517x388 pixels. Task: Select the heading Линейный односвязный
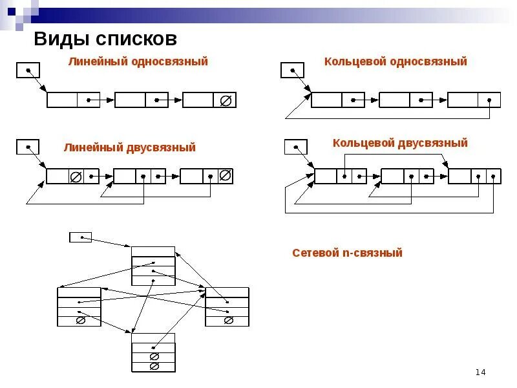[x=138, y=62]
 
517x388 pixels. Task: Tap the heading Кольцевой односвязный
[x=396, y=62]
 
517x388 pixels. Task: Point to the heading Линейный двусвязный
[x=129, y=148]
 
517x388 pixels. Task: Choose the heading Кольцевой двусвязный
[x=400, y=143]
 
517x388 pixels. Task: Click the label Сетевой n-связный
[x=347, y=253]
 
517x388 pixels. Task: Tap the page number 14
[x=480, y=372]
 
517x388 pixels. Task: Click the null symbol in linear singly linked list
[x=225, y=100]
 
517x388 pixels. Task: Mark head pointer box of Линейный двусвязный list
[x=28, y=147]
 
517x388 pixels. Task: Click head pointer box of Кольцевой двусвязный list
[x=296, y=147]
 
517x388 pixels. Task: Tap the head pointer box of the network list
[x=80, y=237]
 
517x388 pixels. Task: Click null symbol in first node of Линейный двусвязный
[x=75, y=176]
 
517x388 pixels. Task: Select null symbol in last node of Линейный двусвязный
[x=225, y=175]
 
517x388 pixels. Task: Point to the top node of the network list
[x=153, y=266]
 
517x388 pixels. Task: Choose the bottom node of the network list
[x=153, y=352]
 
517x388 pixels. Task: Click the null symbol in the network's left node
[x=80, y=320]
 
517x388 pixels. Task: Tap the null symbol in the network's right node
[x=227, y=320]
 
